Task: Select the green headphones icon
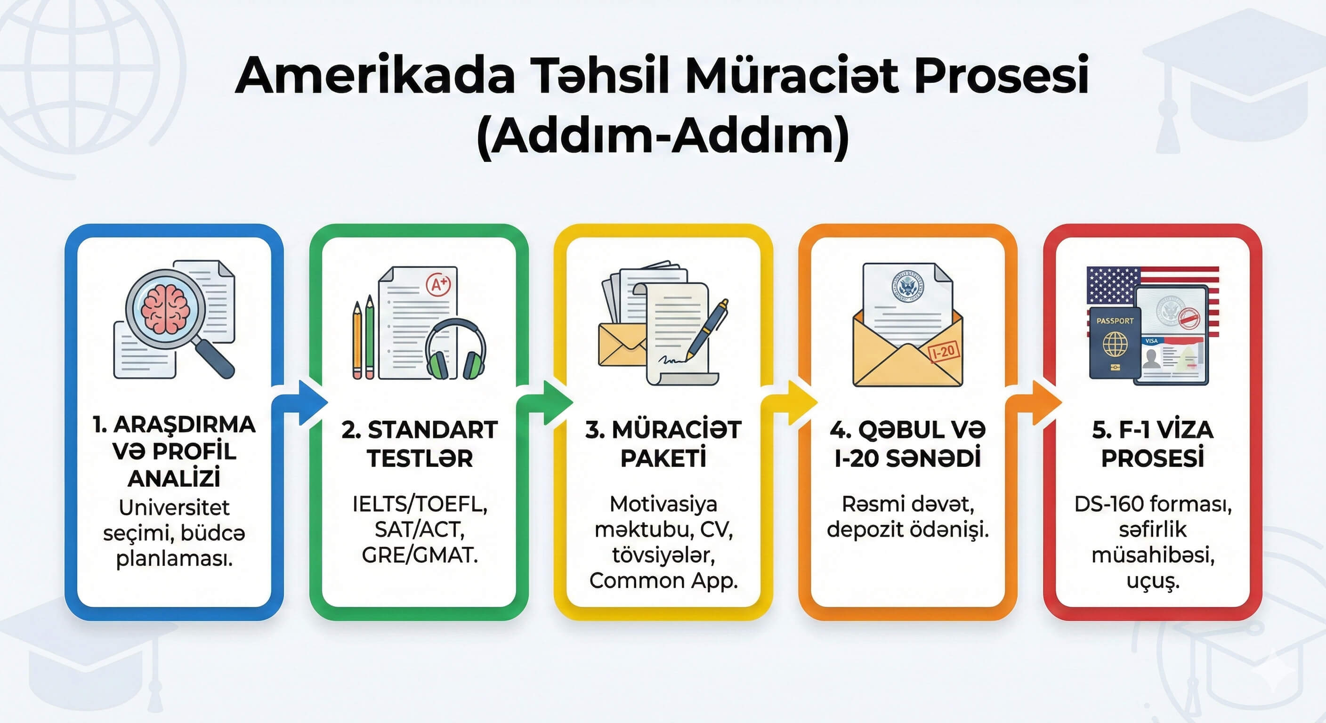click(x=455, y=349)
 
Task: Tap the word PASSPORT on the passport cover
click(x=1115, y=321)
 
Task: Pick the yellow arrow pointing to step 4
click(x=790, y=403)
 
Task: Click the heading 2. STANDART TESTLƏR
click(x=420, y=443)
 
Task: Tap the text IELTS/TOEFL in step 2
click(x=420, y=504)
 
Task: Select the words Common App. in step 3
click(x=663, y=581)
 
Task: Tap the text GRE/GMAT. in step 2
click(x=420, y=555)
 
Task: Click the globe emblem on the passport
click(x=1115, y=344)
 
